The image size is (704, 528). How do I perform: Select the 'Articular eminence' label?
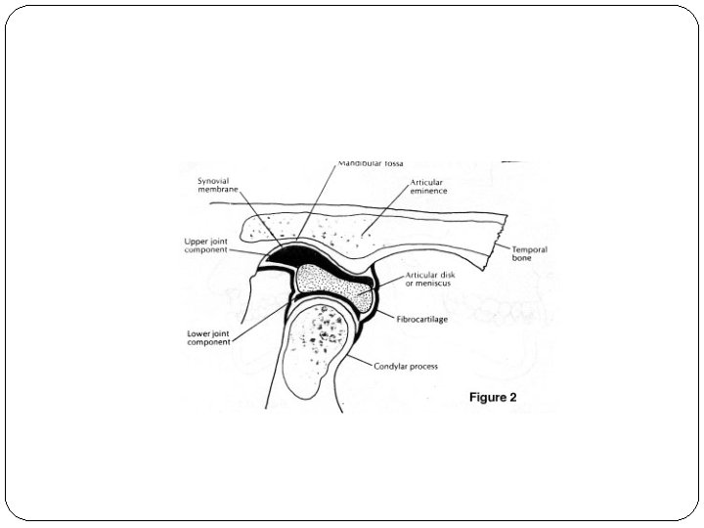click(428, 186)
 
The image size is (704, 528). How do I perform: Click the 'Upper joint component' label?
click(206, 245)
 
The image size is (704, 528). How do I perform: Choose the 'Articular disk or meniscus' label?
click(431, 279)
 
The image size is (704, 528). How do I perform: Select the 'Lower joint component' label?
click(208, 337)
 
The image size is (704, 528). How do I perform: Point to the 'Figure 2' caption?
click(492, 397)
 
